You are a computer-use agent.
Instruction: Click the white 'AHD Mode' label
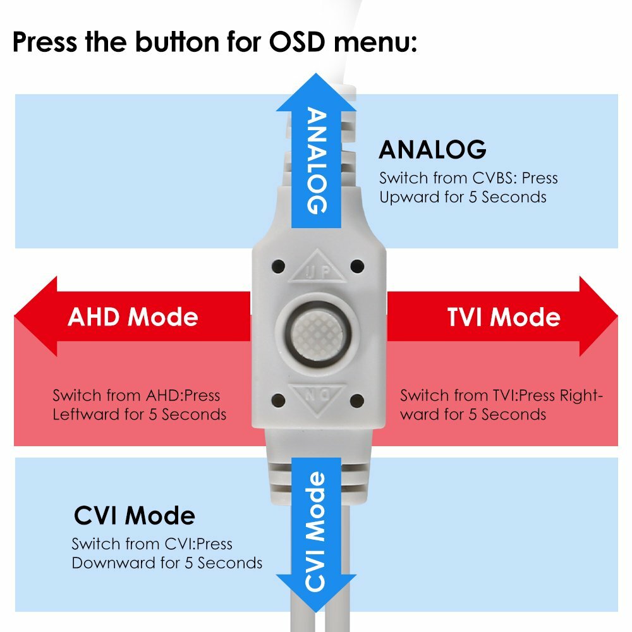click(133, 316)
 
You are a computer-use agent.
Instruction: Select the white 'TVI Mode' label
click(504, 316)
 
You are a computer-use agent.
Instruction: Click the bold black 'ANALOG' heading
click(432, 150)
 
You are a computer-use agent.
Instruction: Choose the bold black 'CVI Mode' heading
click(134, 516)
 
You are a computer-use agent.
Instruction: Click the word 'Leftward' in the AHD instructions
click(81, 415)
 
